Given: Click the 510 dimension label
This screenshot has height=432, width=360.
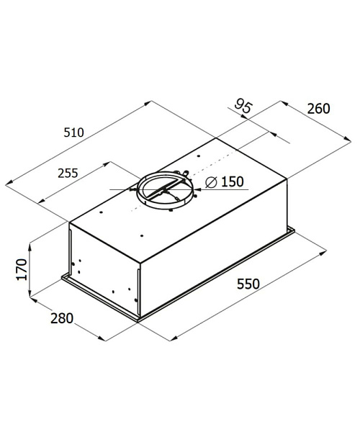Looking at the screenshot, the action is (x=73, y=132).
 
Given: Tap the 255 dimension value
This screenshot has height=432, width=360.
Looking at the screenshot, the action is (x=68, y=173).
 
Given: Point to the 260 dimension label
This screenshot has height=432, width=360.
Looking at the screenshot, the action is (x=318, y=109).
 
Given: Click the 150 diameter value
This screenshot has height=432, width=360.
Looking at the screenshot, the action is (x=233, y=181).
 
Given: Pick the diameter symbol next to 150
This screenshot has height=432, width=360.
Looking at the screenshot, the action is (x=212, y=182).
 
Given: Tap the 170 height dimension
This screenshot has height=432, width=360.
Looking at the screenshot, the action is (x=22, y=269).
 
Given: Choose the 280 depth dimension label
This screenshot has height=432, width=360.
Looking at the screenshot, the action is (x=62, y=318).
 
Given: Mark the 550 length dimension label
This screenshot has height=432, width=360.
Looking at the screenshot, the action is (x=248, y=284).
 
